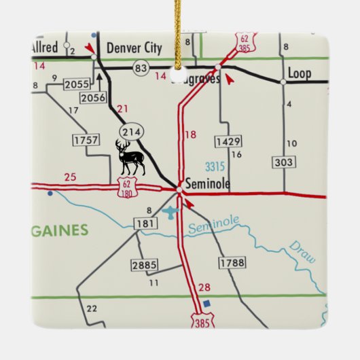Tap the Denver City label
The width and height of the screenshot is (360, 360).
tap(134, 48)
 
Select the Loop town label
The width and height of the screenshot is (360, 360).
tap(299, 73)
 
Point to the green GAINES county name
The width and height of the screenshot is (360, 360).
tap(60, 230)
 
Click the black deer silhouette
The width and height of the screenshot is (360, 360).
tap(130, 158)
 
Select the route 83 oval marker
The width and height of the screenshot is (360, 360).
tap(141, 68)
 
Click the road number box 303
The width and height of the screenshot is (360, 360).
tap(284, 162)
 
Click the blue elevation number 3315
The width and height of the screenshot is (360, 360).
tap(216, 166)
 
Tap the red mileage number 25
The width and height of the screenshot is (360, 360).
tap(70, 177)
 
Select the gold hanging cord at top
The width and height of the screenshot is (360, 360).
tap(179, 31)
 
